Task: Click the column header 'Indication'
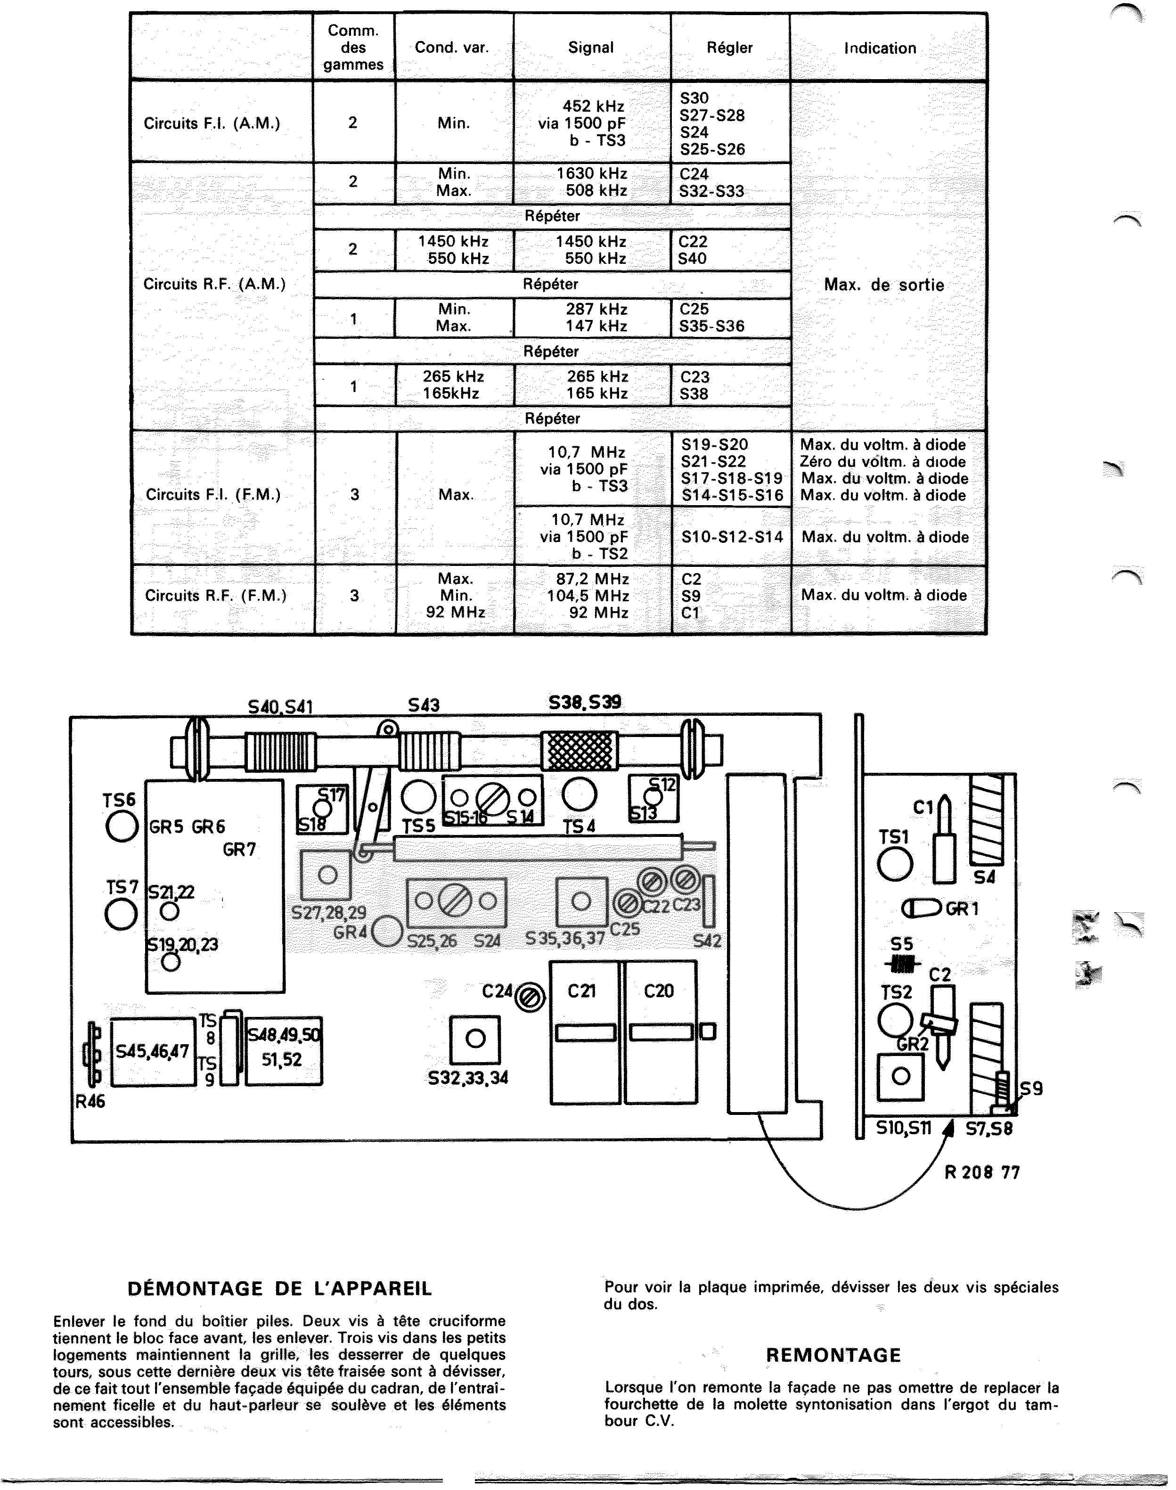880,48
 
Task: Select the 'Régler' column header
729,48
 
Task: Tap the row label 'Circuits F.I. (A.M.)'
212,123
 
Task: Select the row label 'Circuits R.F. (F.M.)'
215,596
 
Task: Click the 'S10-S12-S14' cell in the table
732,537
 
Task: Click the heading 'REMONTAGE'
833,1356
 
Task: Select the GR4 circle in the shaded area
386,933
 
